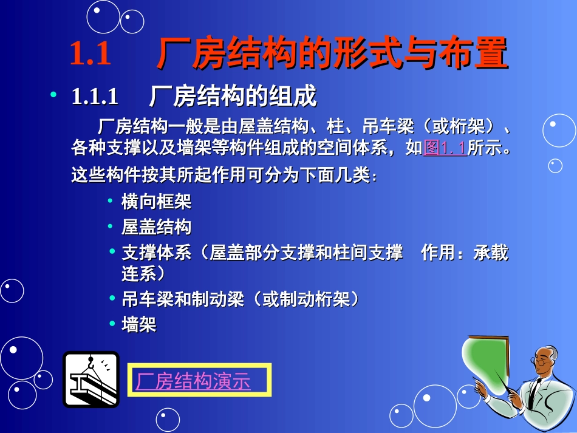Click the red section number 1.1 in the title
coord(90,54)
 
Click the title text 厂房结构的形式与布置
coord(332,54)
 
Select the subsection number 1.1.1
coord(95,97)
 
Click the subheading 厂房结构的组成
coord(233,97)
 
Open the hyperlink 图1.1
coord(445,148)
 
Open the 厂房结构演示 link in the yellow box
coord(193,381)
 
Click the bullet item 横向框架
coord(157,202)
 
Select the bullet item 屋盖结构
coord(157,228)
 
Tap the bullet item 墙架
coord(139,326)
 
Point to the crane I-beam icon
coord(91,380)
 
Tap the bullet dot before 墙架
coord(111,324)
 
